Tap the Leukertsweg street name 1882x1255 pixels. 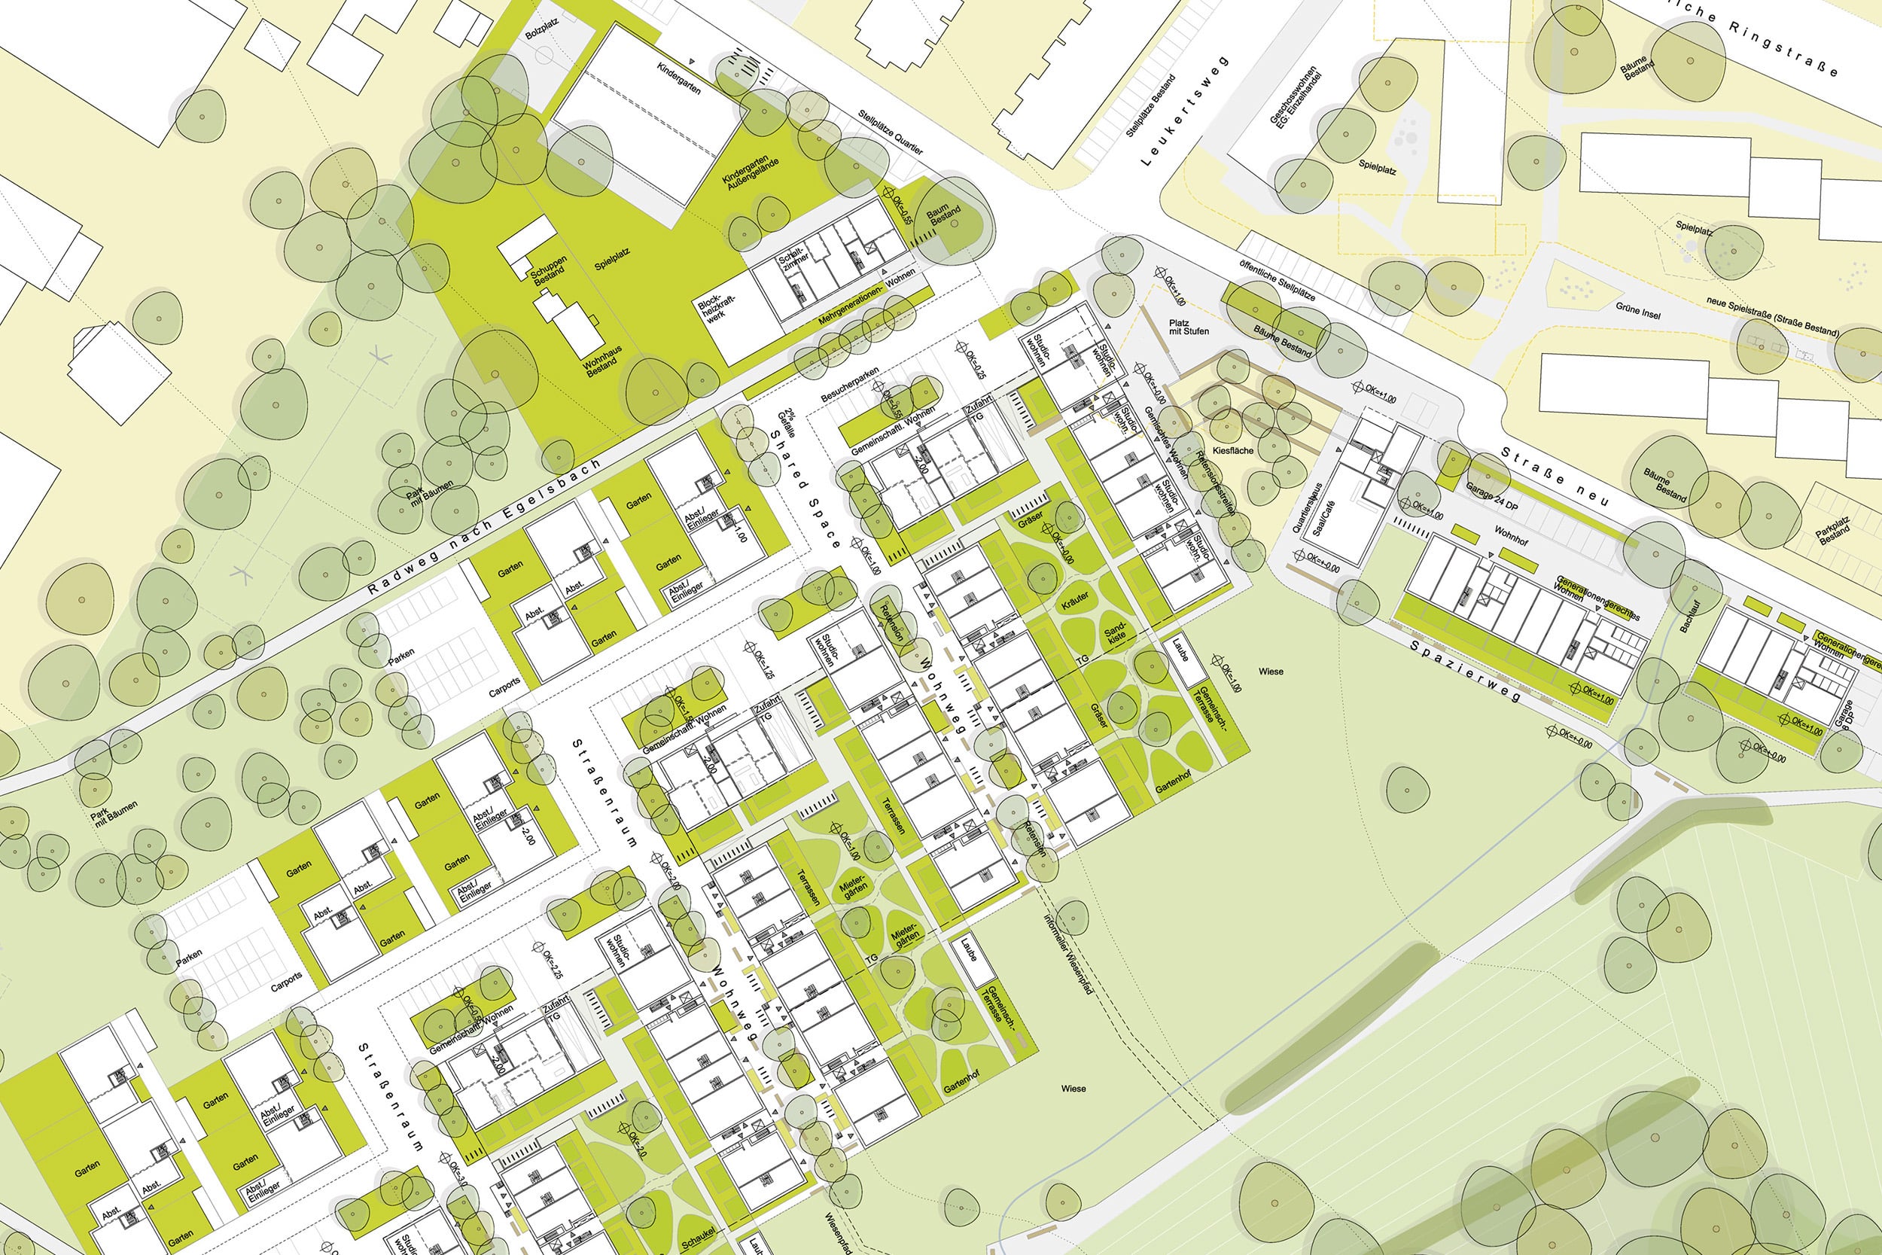tap(1183, 112)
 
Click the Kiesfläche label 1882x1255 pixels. tap(1233, 451)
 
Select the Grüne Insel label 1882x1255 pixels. tap(1638, 309)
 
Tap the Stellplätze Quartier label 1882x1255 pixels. tap(891, 133)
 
